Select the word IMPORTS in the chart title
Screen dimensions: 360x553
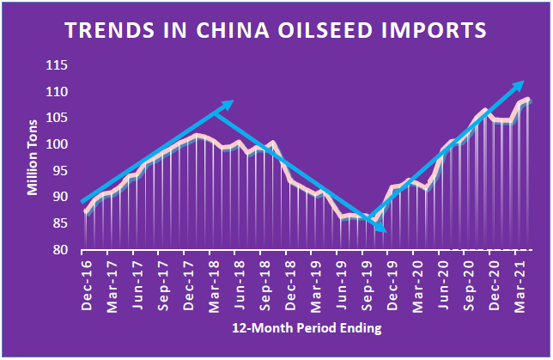tap(428, 31)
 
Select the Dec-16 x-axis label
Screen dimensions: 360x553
tap(87, 284)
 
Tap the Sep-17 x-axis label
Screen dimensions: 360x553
tap(162, 284)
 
